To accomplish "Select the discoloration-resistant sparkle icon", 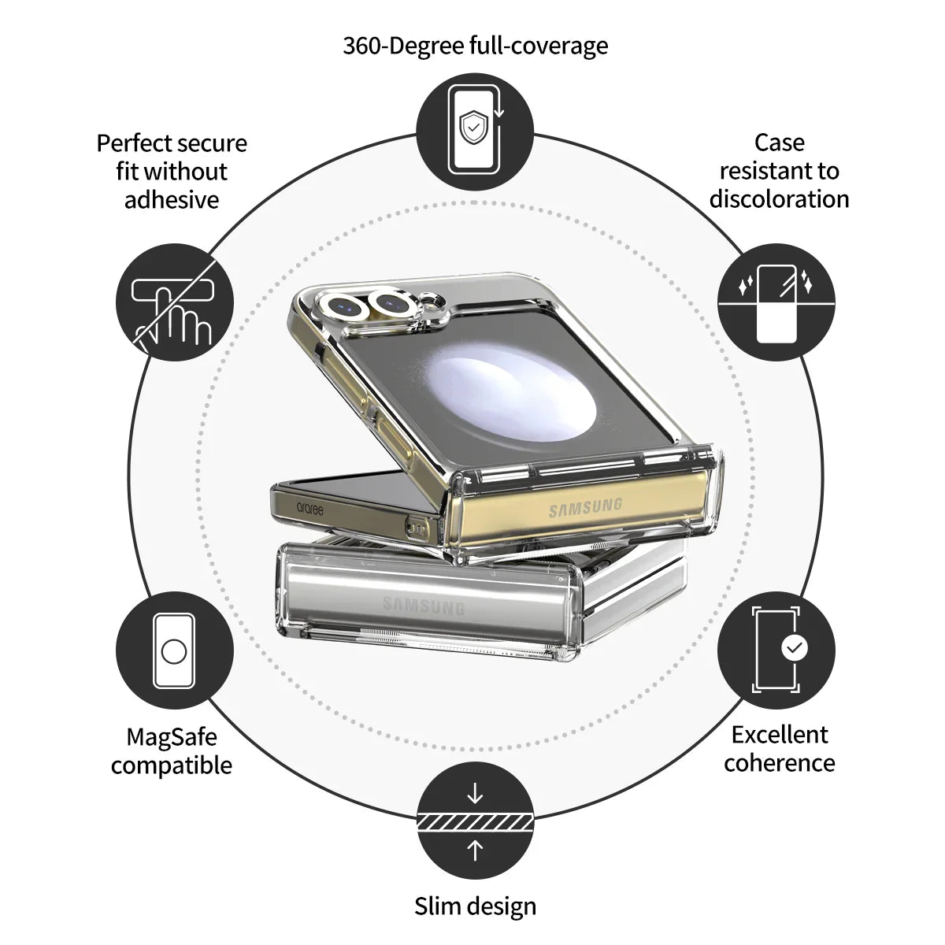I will (776, 302).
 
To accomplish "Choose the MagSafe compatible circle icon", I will (175, 651).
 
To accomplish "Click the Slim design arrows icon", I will (474, 821).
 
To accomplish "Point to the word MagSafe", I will (172, 737).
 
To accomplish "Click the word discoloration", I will (779, 199).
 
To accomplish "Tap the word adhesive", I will (172, 200).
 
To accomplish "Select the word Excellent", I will (780, 735).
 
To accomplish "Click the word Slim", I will (438, 906).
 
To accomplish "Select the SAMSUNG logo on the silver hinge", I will (423, 606).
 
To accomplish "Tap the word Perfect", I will (132, 143).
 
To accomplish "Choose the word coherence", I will (780, 763).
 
